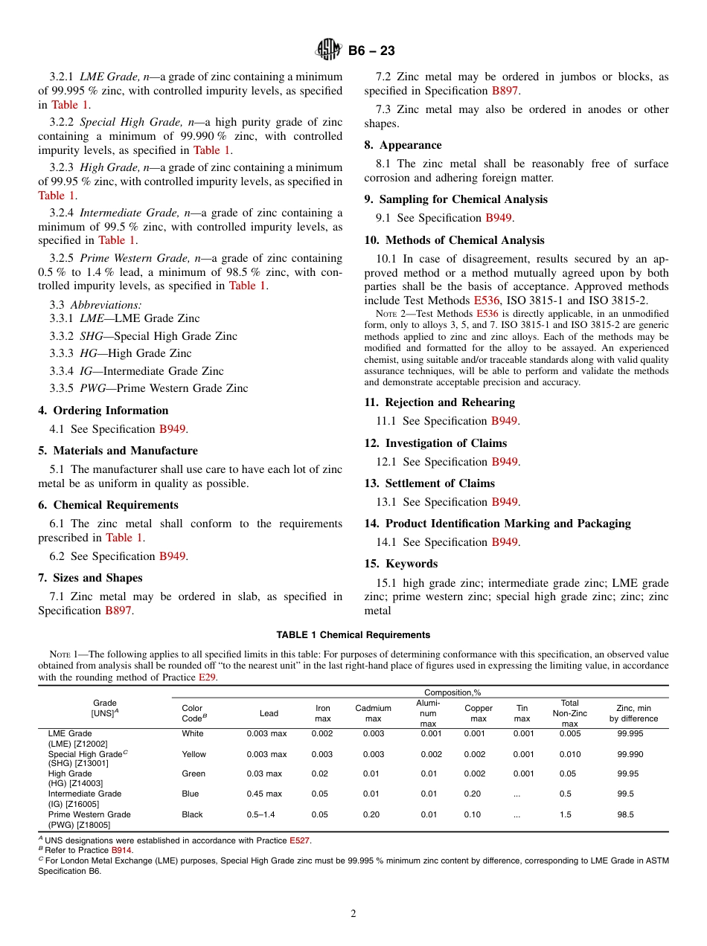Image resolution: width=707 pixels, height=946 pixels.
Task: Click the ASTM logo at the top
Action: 328,51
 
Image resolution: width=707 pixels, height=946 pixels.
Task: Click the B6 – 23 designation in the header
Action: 371,51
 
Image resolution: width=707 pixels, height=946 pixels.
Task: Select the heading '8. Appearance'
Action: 403,145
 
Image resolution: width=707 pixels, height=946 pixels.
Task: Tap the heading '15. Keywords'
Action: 400,564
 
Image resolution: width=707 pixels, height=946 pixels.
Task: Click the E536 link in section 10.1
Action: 487,300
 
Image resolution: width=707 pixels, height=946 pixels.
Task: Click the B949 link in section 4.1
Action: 172,429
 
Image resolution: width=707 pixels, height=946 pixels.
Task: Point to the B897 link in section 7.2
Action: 505,91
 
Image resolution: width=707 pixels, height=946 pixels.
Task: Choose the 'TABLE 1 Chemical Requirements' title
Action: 353,635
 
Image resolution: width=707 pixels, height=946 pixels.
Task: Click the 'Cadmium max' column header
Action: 373,713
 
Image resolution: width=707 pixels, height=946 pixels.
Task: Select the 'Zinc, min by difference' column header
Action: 633,713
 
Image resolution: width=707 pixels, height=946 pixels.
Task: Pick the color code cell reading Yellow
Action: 194,754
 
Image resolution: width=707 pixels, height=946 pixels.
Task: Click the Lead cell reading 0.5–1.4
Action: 260,814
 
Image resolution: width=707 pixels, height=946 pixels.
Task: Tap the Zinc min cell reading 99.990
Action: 630,754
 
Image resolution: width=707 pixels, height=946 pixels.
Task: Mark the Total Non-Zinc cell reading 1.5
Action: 566,814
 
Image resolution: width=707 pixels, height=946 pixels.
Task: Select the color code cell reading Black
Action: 192,814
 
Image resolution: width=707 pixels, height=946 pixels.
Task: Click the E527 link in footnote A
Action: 299,840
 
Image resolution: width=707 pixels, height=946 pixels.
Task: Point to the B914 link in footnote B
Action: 121,850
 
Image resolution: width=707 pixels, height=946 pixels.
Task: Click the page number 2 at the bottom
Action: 353,913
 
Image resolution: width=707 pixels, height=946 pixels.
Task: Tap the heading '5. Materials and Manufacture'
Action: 118,451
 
